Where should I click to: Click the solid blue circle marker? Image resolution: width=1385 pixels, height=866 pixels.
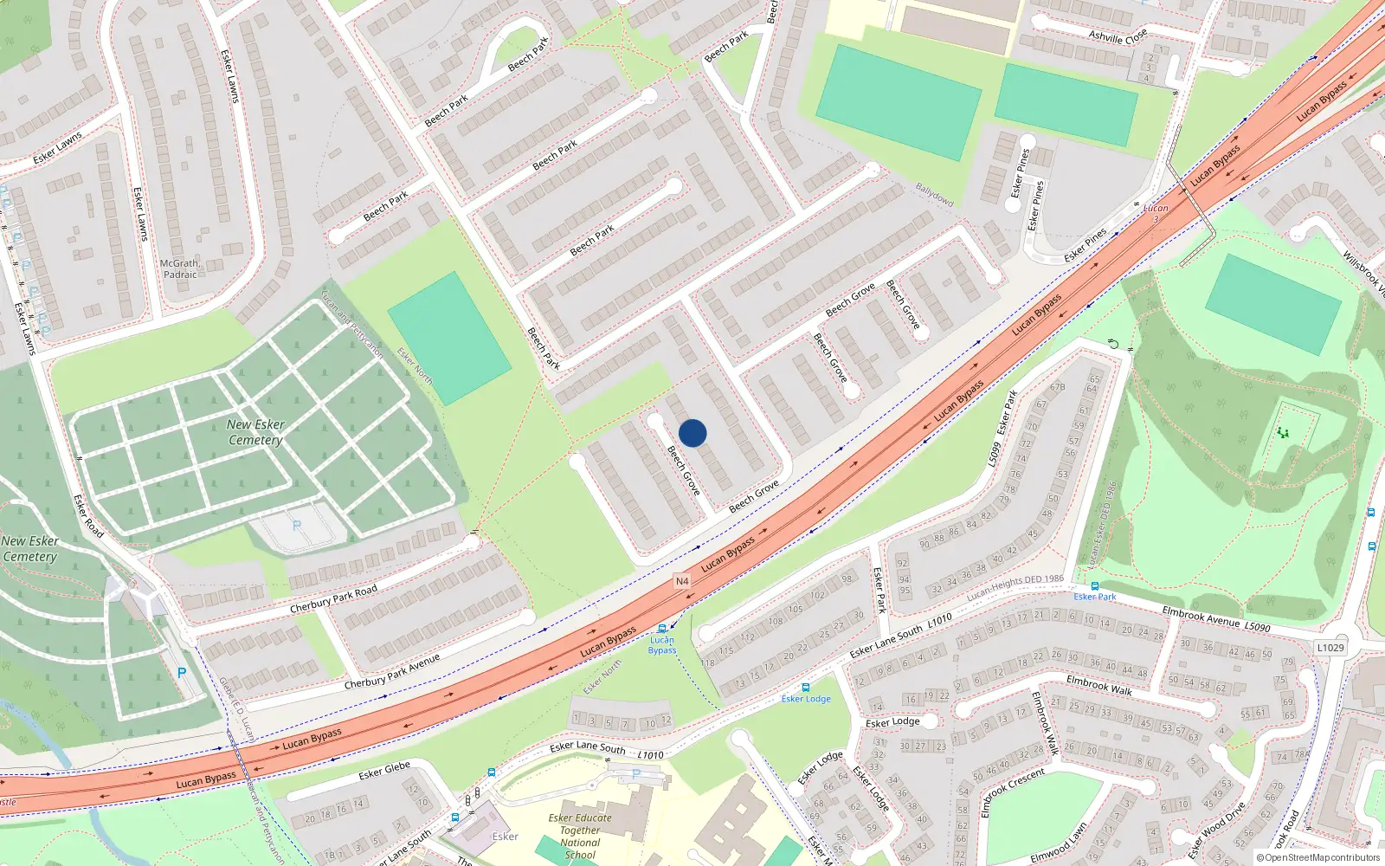point(692,433)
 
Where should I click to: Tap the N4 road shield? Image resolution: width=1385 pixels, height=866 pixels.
point(682,581)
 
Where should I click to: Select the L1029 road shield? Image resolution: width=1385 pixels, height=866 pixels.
point(1330,648)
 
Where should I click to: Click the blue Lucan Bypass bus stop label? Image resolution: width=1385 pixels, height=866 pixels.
point(662,645)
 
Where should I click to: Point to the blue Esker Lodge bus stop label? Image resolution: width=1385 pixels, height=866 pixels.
point(806,699)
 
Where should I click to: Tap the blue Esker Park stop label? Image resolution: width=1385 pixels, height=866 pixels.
point(1095,597)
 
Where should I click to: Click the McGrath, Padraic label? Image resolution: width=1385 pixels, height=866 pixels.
point(180,269)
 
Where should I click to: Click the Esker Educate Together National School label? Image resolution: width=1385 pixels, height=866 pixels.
point(580,836)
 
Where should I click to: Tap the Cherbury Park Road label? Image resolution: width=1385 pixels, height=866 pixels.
point(333,599)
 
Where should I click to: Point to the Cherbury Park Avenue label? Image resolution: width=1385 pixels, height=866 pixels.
point(391,672)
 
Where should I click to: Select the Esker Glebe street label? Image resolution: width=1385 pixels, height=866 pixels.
point(384,770)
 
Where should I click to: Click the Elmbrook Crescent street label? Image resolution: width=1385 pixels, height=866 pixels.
point(1012,792)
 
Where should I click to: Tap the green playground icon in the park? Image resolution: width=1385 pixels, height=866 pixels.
point(1283,432)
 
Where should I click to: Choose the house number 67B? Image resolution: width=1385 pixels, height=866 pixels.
point(1057,387)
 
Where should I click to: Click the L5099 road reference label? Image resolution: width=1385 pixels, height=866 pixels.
point(995,454)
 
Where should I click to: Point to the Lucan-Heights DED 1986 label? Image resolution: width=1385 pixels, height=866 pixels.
point(1015,586)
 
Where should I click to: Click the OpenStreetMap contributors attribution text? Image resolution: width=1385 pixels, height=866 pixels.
point(1318,857)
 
